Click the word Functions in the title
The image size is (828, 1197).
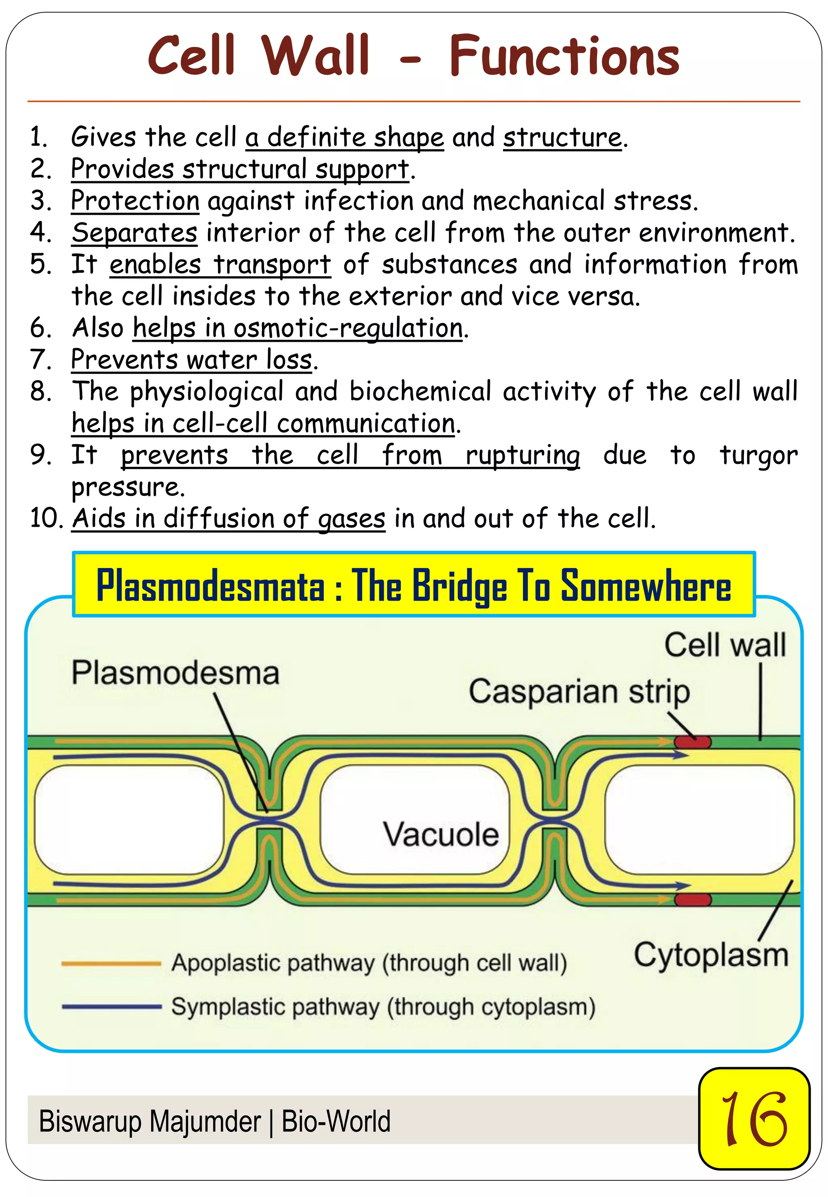click(x=564, y=56)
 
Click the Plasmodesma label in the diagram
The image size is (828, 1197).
click(x=175, y=673)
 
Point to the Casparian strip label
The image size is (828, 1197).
click(x=579, y=692)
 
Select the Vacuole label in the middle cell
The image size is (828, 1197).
click(x=441, y=834)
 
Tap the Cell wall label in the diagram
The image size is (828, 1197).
click(x=725, y=645)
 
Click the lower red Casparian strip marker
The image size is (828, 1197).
click(x=692, y=900)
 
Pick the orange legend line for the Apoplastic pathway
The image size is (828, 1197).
click(x=111, y=964)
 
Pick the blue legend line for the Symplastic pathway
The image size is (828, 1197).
click(x=111, y=1006)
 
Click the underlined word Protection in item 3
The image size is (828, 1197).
click(x=135, y=201)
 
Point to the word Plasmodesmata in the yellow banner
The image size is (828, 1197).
click(x=211, y=585)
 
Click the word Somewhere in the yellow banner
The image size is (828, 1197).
click(x=646, y=585)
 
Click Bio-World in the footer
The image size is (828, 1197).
click(x=336, y=1122)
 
